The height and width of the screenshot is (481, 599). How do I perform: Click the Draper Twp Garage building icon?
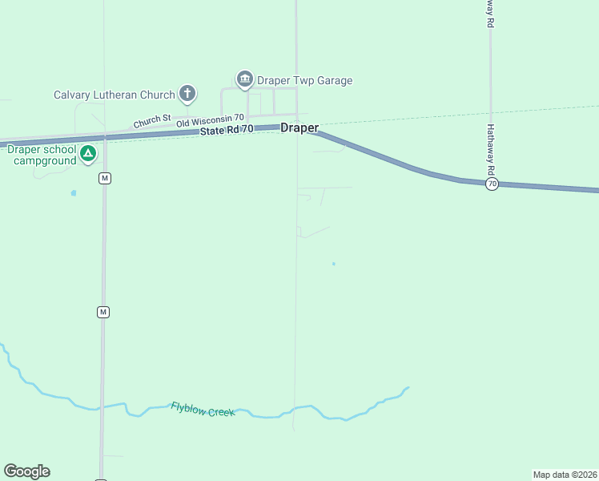coord(245,79)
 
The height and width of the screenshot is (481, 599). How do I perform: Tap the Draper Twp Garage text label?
coord(304,80)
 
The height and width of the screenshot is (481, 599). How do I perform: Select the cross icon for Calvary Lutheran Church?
coord(187,94)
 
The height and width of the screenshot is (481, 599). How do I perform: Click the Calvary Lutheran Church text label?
coord(114,95)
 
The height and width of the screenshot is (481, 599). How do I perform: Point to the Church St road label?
coord(152,121)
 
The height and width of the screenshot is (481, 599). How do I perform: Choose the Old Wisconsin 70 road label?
coord(210,119)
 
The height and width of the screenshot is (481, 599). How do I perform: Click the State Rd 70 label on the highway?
coord(227,129)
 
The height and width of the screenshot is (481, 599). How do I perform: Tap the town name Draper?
coord(299,128)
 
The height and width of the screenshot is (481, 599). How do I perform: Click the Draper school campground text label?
coord(42,155)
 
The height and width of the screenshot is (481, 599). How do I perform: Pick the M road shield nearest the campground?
coord(104,178)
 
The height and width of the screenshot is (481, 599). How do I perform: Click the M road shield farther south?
coord(103,311)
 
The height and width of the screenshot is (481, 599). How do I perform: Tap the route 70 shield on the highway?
coord(492,184)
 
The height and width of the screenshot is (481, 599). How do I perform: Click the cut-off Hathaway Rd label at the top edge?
coord(488,14)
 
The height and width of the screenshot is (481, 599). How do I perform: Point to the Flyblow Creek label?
coord(203,410)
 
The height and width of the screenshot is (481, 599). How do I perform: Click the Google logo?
coord(26,471)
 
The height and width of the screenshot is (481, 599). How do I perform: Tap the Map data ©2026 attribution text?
coord(565,475)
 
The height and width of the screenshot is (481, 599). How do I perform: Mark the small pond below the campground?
coord(74,193)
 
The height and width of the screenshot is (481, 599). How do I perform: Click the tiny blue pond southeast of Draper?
coord(334,264)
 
